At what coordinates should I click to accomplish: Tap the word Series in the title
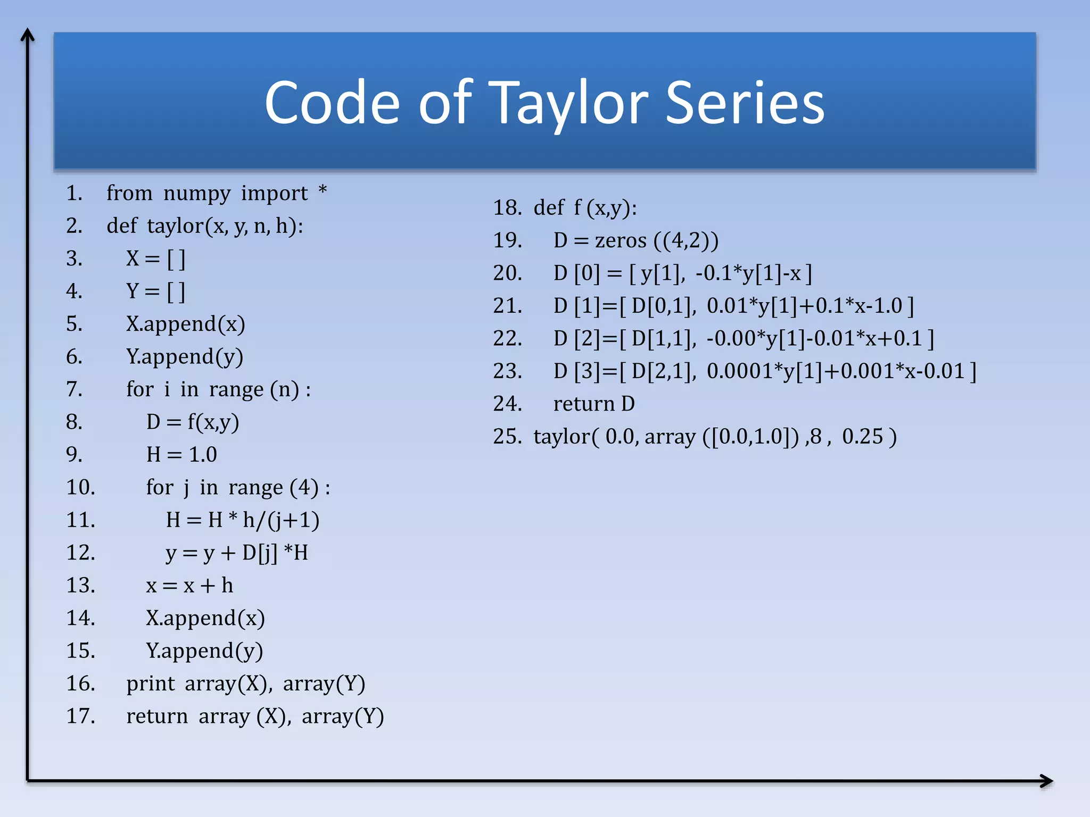click(x=745, y=102)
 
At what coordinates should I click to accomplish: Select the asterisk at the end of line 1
click(x=323, y=190)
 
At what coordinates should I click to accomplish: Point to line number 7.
click(x=74, y=389)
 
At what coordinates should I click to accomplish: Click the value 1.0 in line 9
click(x=203, y=455)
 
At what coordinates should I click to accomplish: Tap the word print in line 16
click(x=150, y=684)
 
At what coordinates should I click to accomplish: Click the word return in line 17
click(x=157, y=716)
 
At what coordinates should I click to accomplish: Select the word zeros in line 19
click(x=621, y=241)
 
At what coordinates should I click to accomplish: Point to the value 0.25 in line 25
click(x=863, y=437)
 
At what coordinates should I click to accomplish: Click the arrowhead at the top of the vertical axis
click(x=27, y=35)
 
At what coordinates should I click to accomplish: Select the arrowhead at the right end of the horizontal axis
click(x=1046, y=781)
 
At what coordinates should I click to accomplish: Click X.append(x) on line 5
click(x=185, y=324)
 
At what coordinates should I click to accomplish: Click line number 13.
click(x=80, y=586)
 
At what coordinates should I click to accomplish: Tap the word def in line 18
click(x=548, y=208)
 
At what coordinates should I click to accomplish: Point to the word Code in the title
click(x=332, y=102)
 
